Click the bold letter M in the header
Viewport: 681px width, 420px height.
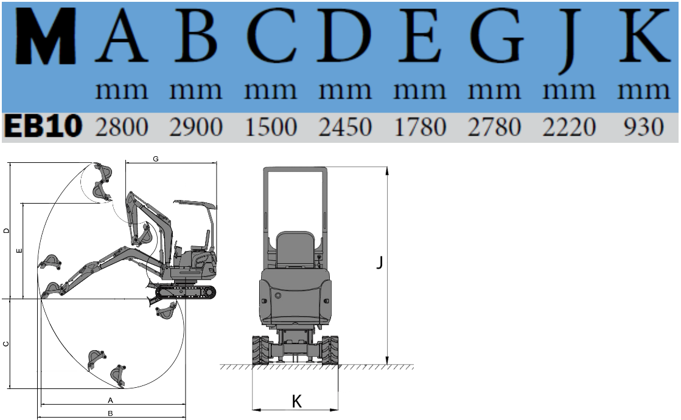pos(46,36)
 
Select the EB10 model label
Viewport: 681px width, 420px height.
pos(43,126)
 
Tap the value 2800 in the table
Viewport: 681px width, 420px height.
pos(122,127)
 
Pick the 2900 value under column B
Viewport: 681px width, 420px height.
pos(196,127)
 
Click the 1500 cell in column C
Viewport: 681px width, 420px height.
pos(271,127)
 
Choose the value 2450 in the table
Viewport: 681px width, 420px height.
pos(345,127)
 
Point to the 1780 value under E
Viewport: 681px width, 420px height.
pos(420,127)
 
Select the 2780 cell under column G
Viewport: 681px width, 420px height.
pos(494,127)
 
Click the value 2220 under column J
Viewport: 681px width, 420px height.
pos(569,127)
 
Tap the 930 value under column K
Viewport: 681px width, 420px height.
pos(644,127)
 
